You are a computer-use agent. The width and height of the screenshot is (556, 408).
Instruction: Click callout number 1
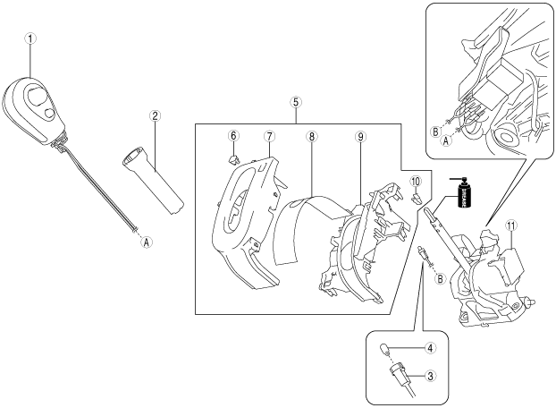coord(29,39)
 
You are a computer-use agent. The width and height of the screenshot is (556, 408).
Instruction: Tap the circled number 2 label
coord(156,115)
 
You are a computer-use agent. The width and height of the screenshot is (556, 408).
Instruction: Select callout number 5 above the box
coord(296,101)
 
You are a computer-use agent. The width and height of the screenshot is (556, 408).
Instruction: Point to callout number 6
coord(233,135)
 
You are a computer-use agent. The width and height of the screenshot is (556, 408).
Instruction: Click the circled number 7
coord(268,135)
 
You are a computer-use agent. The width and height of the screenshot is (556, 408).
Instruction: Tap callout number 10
coord(416,182)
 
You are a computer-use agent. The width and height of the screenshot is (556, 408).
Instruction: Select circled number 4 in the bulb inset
coord(430,347)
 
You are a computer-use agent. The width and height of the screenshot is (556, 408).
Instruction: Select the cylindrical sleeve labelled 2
coord(154,178)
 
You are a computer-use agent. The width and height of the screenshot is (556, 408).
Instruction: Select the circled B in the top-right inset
coord(434,130)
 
